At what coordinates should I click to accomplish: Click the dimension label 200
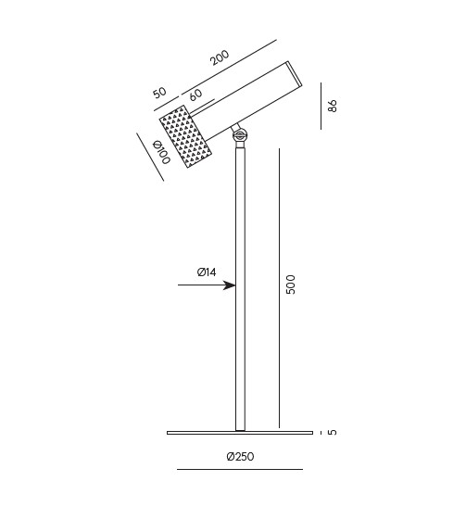(220, 57)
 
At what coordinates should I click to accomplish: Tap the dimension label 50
(159, 93)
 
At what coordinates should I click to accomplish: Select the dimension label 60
(195, 95)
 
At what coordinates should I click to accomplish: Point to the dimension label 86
(332, 106)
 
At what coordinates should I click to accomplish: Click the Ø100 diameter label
(161, 152)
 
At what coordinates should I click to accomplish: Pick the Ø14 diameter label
(207, 272)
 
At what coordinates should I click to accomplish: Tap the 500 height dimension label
(290, 284)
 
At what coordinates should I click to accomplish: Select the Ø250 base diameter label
(240, 456)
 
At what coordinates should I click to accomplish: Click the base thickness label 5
(333, 432)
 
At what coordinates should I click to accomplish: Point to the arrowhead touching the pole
(230, 285)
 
